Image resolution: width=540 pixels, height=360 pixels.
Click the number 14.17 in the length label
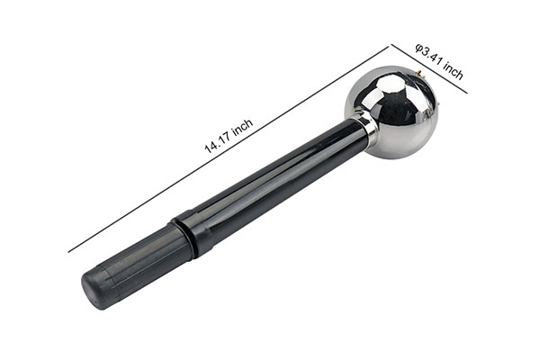(x=219, y=141)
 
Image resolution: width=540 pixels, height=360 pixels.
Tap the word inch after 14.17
(x=243, y=126)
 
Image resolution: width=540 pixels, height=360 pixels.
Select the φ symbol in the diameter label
(x=419, y=48)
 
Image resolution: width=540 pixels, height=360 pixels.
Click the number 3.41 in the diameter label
(x=432, y=57)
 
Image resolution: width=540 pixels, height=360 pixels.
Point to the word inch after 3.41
(x=453, y=70)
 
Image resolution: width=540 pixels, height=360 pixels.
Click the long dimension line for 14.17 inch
(x=229, y=149)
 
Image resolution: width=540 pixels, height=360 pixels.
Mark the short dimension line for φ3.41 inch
(x=429, y=69)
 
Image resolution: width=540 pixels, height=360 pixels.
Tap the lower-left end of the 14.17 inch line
(x=68, y=252)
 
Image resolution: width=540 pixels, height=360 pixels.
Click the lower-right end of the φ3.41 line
(x=467, y=93)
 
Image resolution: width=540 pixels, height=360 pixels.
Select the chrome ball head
(x=392, y=112)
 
